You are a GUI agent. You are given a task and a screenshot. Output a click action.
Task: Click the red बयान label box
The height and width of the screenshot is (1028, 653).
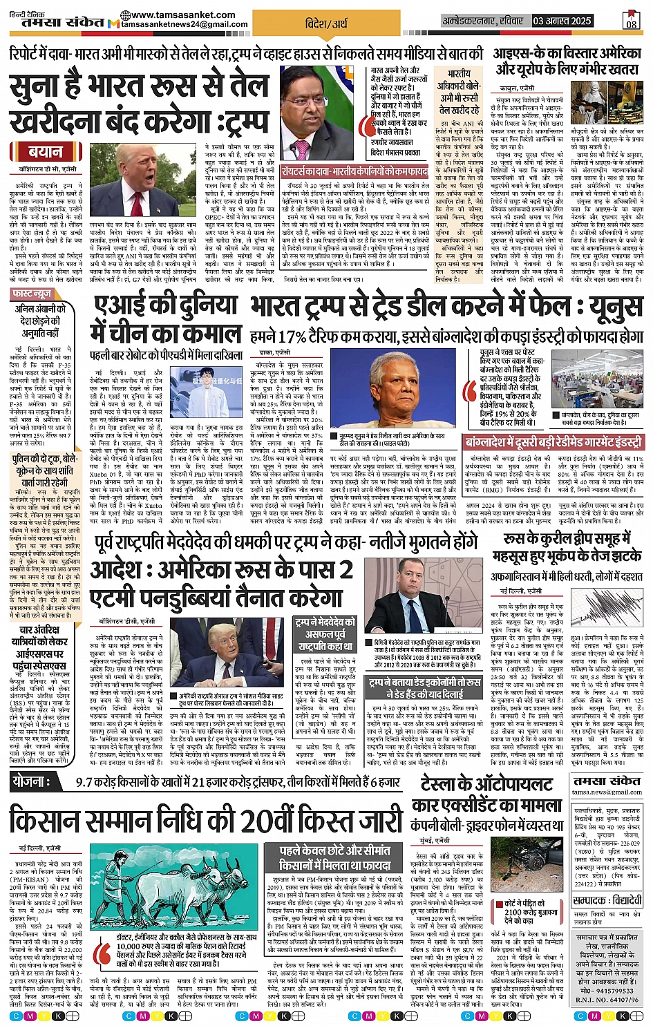click(46, 151)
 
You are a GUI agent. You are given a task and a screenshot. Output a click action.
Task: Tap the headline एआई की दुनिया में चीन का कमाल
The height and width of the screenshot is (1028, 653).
click(166, 320)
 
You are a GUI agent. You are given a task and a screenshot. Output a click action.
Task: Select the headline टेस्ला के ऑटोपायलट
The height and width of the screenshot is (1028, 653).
click(486, 785)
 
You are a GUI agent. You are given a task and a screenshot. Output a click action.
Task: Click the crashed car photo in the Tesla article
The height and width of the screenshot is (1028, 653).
click(532, 866)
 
